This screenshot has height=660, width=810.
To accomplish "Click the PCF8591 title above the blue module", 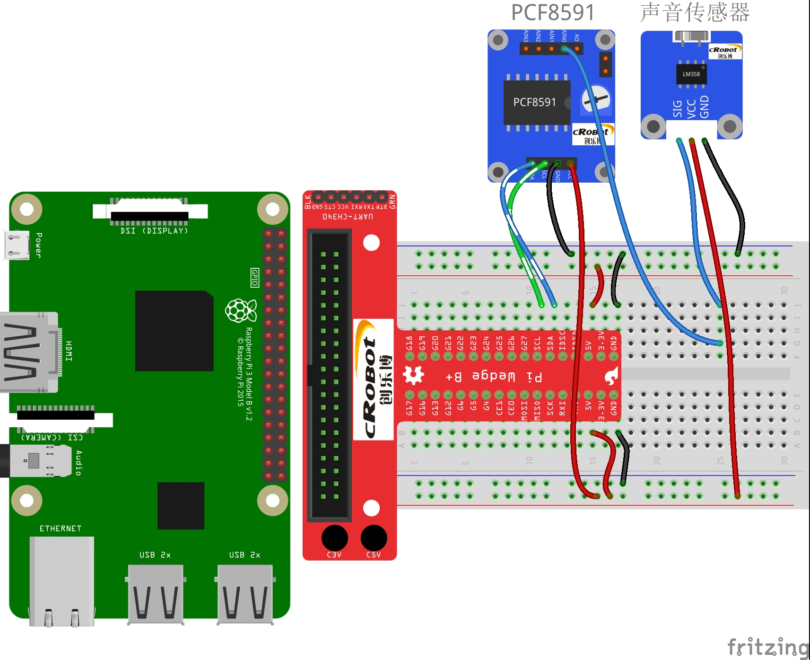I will point(552,12).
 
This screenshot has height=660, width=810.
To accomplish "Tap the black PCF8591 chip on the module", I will point(536,102).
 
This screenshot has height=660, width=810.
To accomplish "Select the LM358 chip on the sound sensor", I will point(691,74).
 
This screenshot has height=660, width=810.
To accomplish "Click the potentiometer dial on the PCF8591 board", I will point(595,99).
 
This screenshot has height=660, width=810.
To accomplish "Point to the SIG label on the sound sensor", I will point(678,109).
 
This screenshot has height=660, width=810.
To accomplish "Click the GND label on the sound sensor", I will point(705,107).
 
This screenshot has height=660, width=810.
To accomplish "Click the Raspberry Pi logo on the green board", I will point(241,310).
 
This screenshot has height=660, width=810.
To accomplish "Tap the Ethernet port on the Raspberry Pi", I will point(61,580).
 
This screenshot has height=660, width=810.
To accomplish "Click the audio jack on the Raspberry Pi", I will point(33,460).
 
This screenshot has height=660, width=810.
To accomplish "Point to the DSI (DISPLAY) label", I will point(154,231).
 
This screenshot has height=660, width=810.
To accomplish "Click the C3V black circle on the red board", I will point(334,538).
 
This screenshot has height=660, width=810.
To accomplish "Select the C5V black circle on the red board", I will point(374,538).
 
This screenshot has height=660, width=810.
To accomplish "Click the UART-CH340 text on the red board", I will point(348,217).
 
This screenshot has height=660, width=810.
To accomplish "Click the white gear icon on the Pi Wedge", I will point(413,375).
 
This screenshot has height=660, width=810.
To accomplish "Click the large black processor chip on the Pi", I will point(174,331).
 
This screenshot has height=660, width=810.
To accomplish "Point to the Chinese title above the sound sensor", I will point(695,12).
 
